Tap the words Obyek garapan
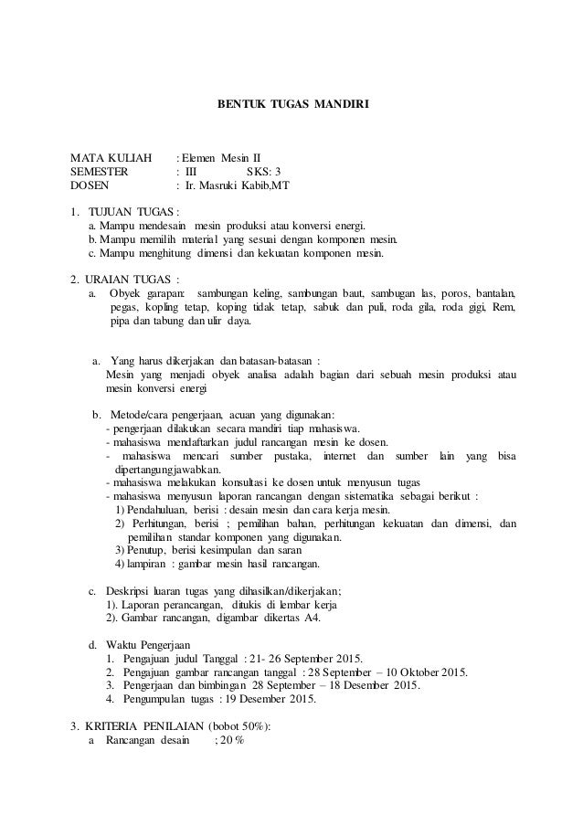[x=146, y=292]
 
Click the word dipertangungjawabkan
[x=168, y=470]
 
